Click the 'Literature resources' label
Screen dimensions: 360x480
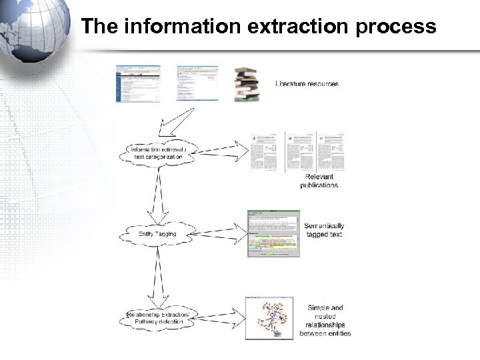click(x=307, y=84)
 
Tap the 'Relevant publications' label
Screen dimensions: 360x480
click(x=319, y=181)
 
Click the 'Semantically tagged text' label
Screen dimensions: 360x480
click(x=324, y=230)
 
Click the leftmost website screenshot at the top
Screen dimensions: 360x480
click(x=138, y=83)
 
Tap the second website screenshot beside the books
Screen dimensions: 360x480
click(x=197, y=83)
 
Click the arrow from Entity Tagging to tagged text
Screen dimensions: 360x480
click(x=219, y=233)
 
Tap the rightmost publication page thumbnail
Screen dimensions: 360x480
click(x=330, y=152)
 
